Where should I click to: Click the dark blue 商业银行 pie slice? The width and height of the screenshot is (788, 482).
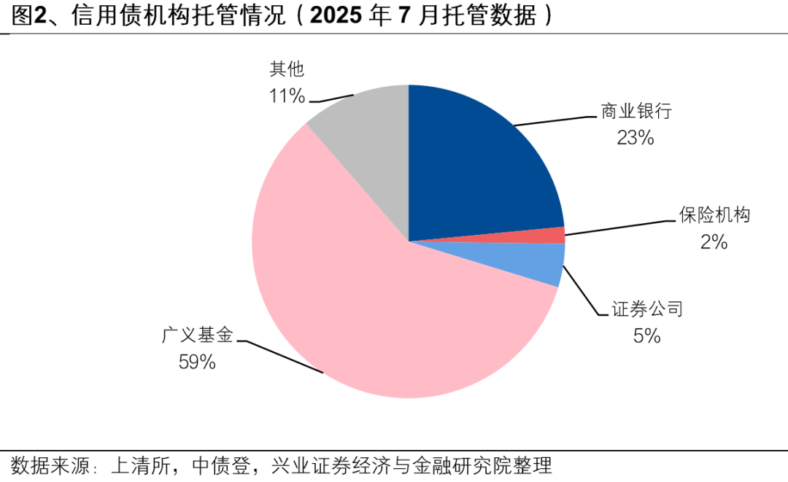[482, 168]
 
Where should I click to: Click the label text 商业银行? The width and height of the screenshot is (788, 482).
[636, 112]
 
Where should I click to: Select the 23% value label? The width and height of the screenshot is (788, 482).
[635, 137]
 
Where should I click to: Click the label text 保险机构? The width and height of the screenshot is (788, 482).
[714, 215]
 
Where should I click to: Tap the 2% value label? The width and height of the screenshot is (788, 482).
[714, 241]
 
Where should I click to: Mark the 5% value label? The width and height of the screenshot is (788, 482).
[646, 335]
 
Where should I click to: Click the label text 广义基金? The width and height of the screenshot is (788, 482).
[197, 335]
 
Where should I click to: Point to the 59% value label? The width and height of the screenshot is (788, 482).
[197, 362]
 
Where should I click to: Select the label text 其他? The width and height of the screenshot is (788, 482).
[286, 69]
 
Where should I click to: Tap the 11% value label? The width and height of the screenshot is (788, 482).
[286, 96]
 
